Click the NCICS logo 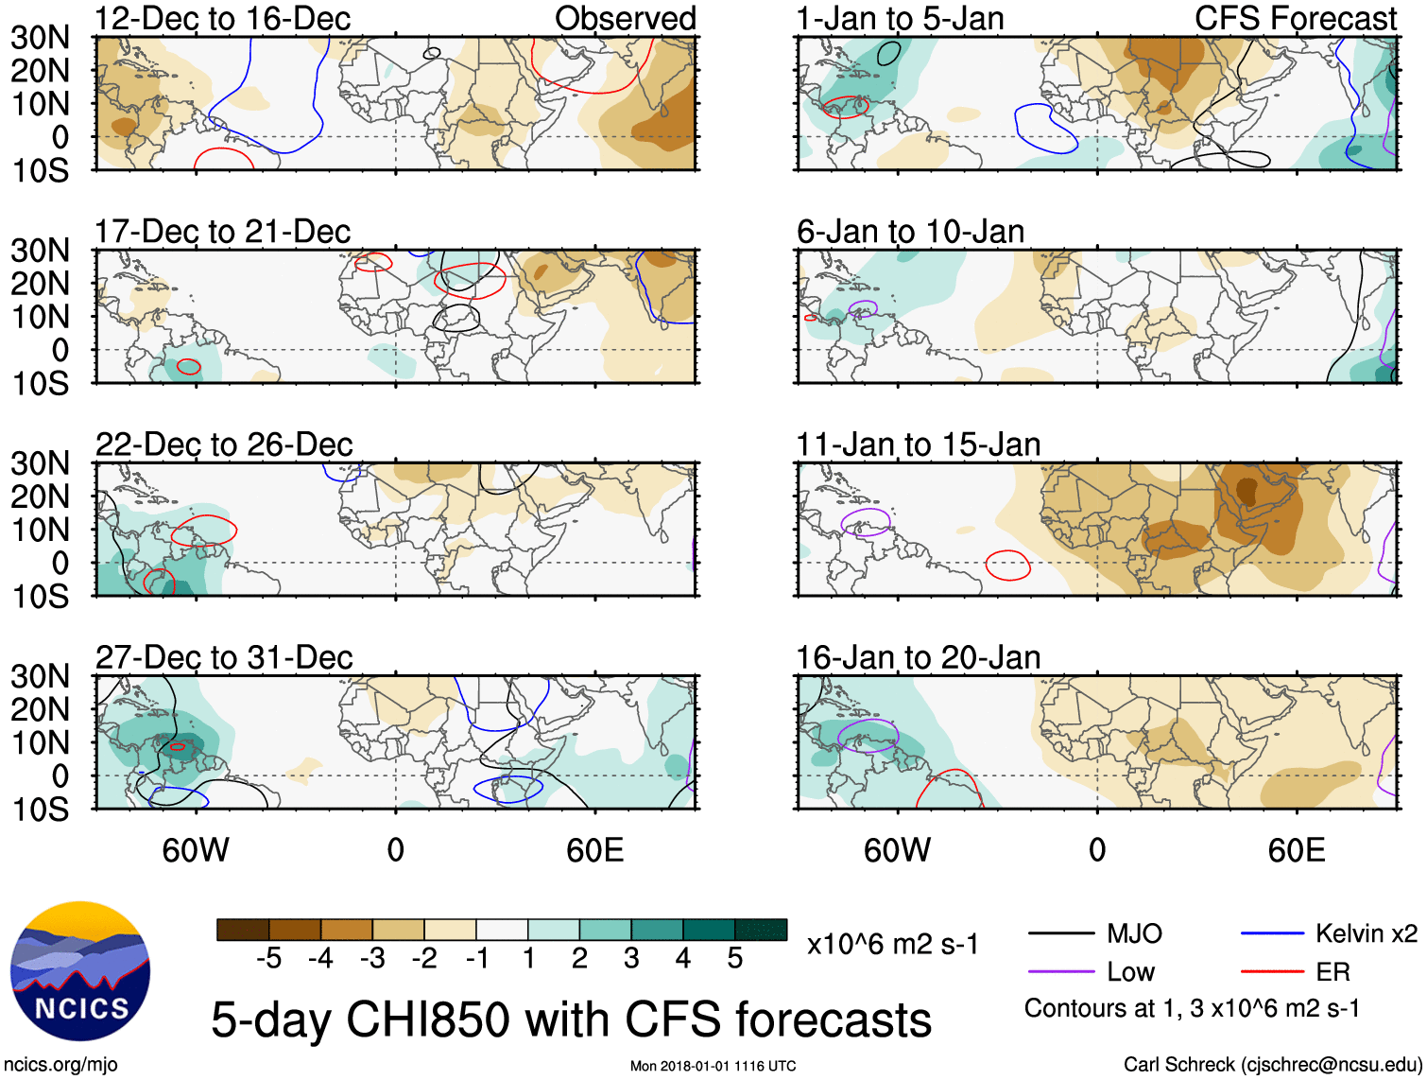(80, 970)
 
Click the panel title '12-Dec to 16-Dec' (222, 19)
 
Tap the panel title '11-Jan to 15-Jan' (918, 444)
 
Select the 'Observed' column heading (625, 19)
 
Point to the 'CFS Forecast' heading (1295, 19)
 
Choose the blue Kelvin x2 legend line (1272, 934)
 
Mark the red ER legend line (1272, 972)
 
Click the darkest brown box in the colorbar (243, 930)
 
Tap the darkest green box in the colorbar (761, 930)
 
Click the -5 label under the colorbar (268, 959)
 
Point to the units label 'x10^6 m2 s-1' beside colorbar (893, 944)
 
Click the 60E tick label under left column (594, 850)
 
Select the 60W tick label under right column (897, 850)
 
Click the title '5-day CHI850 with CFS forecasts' (571, 1019)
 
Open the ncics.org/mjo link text (60, 1065)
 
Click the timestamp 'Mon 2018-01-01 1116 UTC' (713, 1066)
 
